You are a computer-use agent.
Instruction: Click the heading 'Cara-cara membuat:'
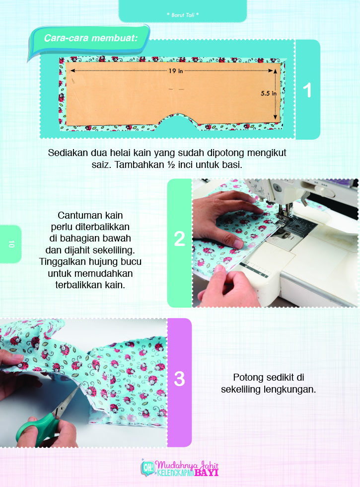[x=90, y=38]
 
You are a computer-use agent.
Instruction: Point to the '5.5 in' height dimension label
[x=268, y=93]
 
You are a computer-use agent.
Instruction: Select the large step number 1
[x=308, y=90]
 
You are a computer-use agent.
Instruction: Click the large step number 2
[x=179, y=239]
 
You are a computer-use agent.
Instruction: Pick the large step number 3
[x=179, y=379]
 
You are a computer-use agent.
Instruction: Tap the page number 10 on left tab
[x=10, y=244]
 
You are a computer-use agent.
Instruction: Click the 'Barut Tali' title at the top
[x=183, y=15]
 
